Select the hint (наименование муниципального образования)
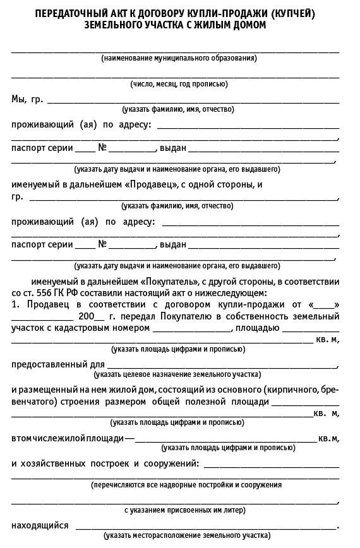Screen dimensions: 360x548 click(x=179, y=58)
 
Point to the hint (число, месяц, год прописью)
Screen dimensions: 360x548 click(x=179, y=84)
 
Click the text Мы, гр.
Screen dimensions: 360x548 click(x=27, y=98)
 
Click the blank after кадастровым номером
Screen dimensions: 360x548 click(x=191, y=329)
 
